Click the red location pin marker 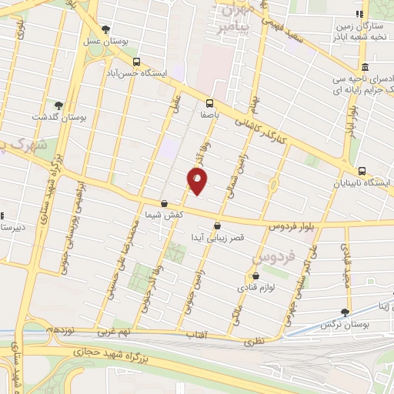point(197,181)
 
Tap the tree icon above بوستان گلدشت point(58,105)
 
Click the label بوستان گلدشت point(51,118)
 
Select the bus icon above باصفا point(209,102)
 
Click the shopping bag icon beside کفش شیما point(164,205)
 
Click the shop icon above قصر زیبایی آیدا point(217,226)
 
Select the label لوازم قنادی point(275,287)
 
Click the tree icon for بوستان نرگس point(344,312)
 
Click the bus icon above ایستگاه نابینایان point(362,171)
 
